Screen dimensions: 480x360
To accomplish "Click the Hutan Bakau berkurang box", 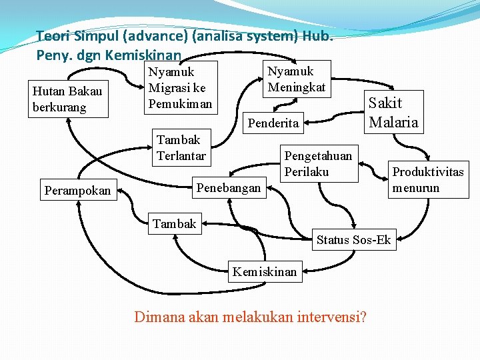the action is point(69,100).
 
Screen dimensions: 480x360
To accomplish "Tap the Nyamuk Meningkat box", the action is point(296,79).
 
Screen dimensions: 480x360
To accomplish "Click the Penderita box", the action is point(273,123).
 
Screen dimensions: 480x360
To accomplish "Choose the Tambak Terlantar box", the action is point(181,148).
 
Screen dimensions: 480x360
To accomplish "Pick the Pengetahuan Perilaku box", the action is point(318,163).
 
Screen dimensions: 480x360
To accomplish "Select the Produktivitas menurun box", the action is point(427,179).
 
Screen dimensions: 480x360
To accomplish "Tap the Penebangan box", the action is point(229,188).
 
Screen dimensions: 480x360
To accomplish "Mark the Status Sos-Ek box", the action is point(353,240).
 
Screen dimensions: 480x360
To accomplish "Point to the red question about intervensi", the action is point(250,317).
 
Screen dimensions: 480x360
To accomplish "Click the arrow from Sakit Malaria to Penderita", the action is point(337,120).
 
